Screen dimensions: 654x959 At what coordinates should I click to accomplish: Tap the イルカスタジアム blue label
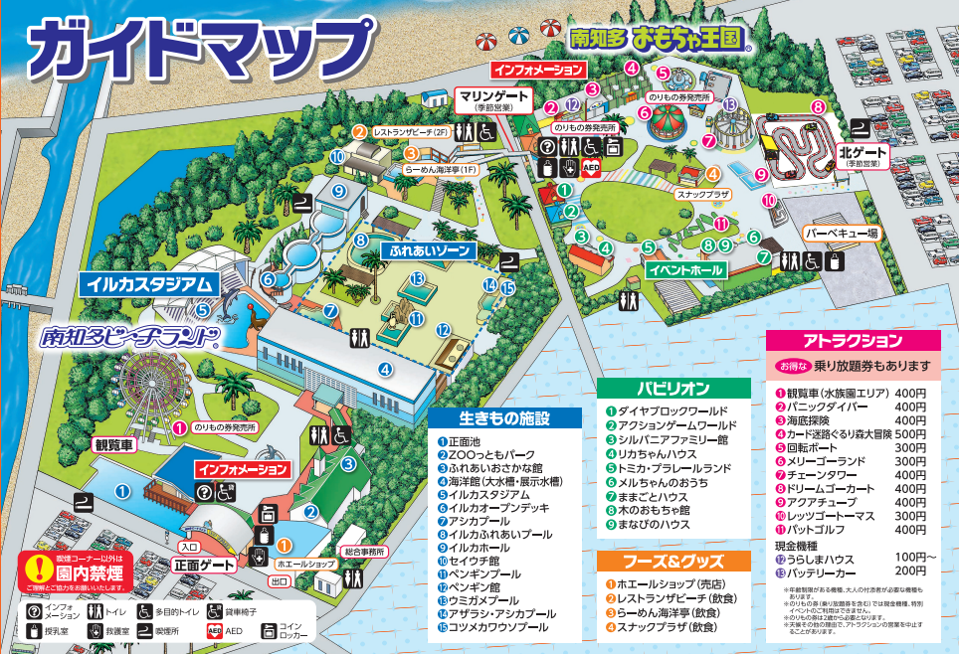coord(150,283)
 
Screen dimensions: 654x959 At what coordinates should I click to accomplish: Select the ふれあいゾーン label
coord(428,251)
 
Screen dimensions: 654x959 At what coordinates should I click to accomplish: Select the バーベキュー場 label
coord(842,234)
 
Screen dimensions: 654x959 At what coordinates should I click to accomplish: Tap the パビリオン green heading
coord(674,388)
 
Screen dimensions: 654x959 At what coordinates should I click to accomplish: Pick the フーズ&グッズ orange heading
coord(674,561)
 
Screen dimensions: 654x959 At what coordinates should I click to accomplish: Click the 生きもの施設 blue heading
coord(505,418)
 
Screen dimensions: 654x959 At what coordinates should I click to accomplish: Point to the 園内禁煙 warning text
coord(74,573)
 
